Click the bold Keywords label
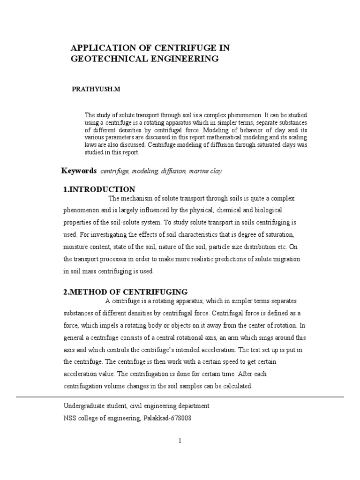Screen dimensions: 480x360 (x=79, y=171)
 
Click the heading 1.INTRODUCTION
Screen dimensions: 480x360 (x=99, y=189)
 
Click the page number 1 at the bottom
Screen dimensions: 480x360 (x=180, y=440)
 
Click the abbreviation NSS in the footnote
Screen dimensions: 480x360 (x=70, y=418)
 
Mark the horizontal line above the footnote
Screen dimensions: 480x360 (x=180, y=397)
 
